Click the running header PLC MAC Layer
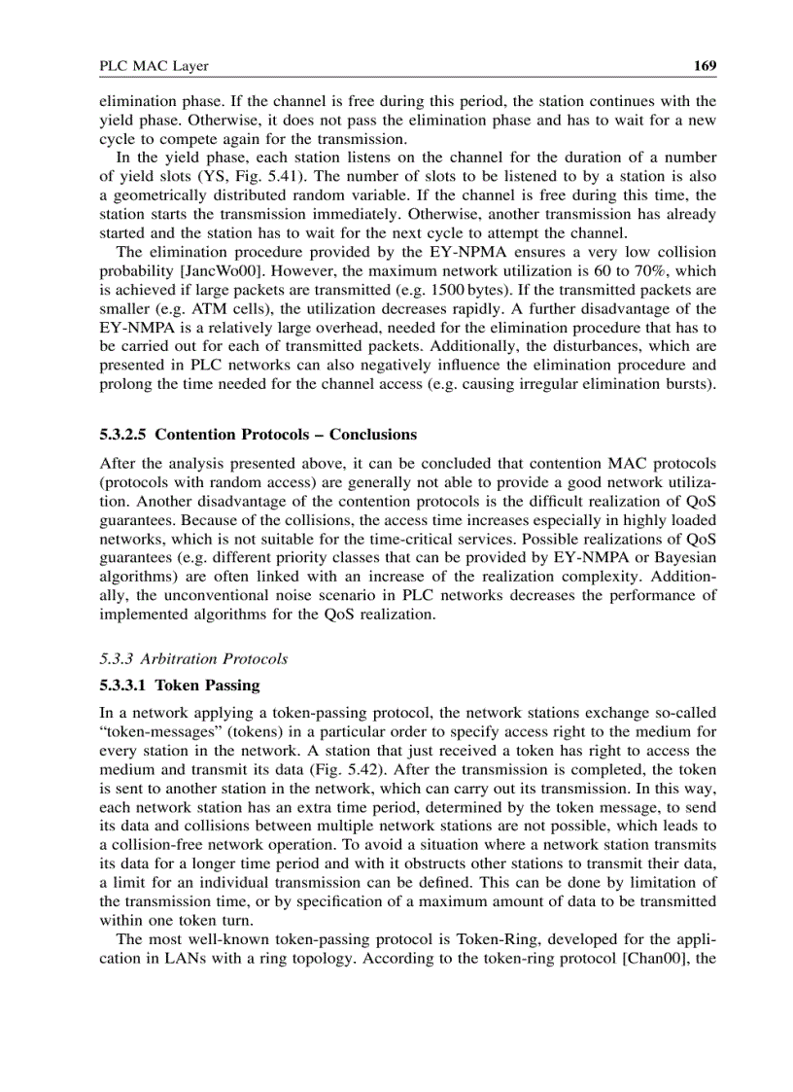[x=155, y=66]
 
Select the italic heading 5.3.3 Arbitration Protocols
[x=194, y=658]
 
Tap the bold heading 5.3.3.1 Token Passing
[x=180, y=685]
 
